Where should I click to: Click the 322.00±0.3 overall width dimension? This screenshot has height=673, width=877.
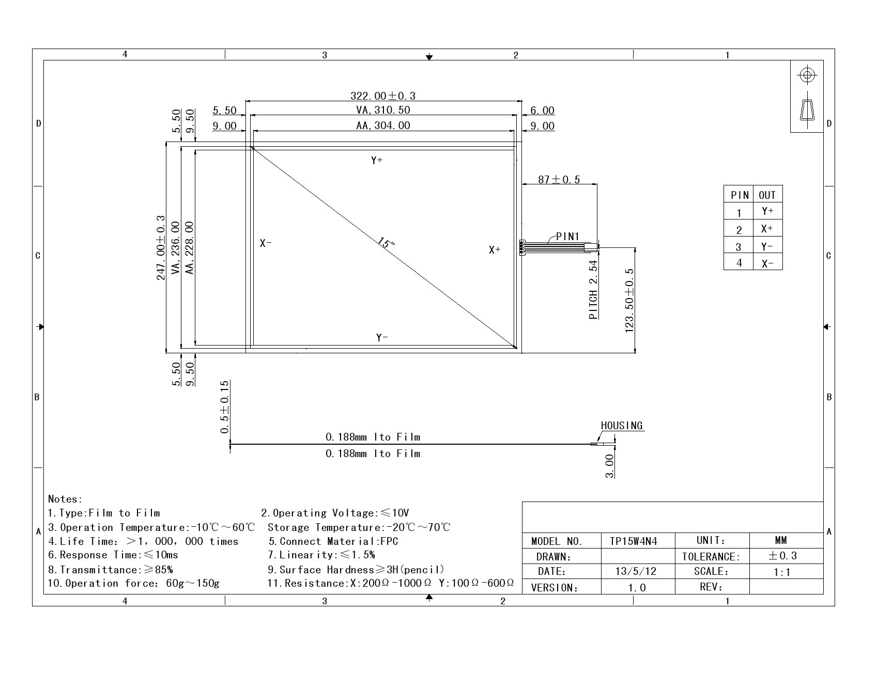tap(383, 96)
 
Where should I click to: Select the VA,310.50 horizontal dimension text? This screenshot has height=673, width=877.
tap(383, 110)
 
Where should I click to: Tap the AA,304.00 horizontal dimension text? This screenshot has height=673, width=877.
tap(383, 126)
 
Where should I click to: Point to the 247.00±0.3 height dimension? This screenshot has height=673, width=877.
tap(161, 248)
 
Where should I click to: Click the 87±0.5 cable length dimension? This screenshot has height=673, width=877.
tap(559, 179)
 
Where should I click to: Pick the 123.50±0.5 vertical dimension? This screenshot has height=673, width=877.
tap(629, 301)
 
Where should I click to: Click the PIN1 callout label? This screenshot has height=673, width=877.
tap(568, 237)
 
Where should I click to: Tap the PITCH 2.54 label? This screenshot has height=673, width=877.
tap(593, 290)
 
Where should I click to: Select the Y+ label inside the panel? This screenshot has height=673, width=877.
tap(377, 161)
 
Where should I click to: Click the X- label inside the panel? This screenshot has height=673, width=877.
tap(266, 243)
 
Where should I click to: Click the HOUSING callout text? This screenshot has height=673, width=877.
tap(622, 426)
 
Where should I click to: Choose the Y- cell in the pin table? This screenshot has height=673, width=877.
tap(767, 246)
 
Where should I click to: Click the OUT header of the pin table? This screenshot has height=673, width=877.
tap(767, 195)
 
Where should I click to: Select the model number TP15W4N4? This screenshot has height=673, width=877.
tap(633, 541)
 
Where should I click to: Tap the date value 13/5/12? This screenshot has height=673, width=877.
tap(636, 571)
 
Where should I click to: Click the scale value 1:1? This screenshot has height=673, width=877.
tap(782, 572)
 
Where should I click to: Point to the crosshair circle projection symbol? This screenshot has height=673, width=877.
tap(807, 75)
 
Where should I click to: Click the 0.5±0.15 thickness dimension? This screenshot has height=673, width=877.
tap(224, 408)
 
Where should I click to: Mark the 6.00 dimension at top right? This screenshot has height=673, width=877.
tap(542, 111)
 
